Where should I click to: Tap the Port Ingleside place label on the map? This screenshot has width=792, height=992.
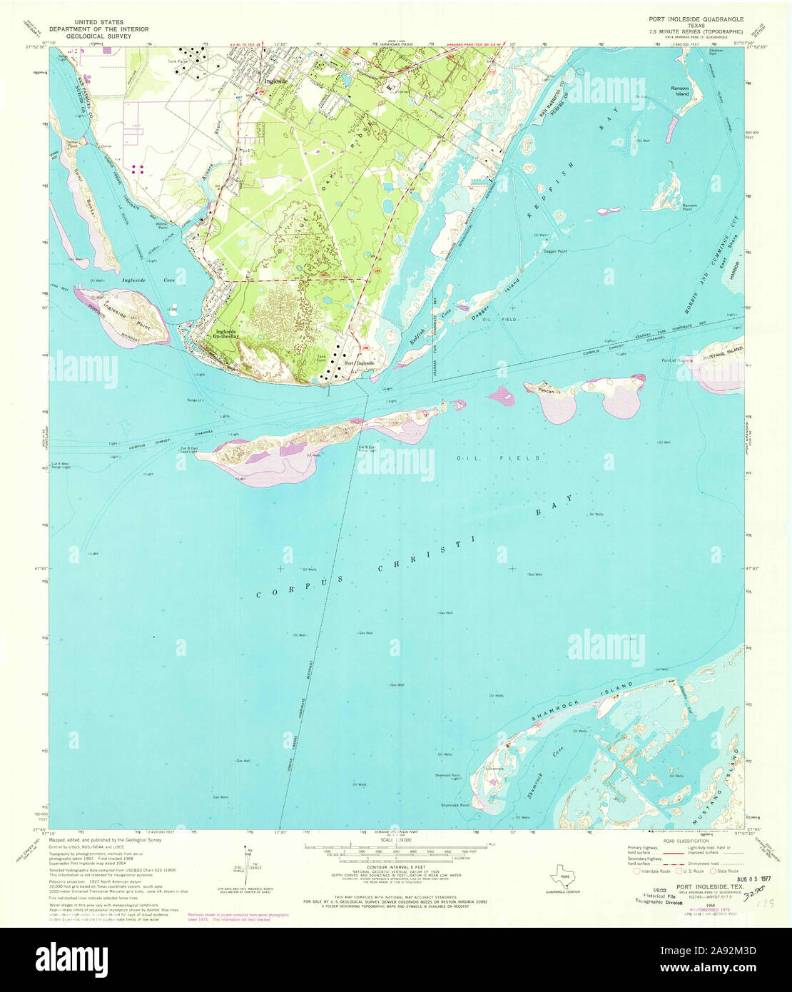[360, 363]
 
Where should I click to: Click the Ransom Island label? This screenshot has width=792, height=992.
[679, 91]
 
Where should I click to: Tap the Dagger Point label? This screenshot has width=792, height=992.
[554, 251]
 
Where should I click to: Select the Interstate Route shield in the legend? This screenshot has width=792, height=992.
[637, 871]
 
